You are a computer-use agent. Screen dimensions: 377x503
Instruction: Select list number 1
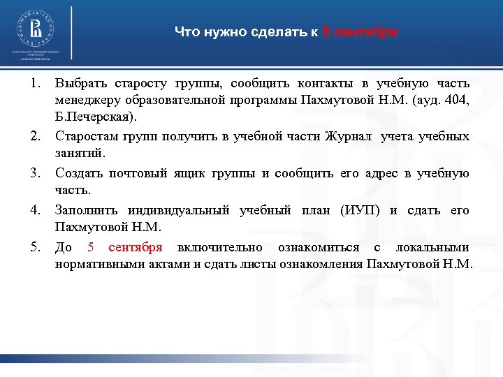(35, 83)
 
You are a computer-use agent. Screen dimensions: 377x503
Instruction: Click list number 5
(35, 247)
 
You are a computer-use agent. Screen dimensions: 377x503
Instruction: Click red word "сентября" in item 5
(135, 247)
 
